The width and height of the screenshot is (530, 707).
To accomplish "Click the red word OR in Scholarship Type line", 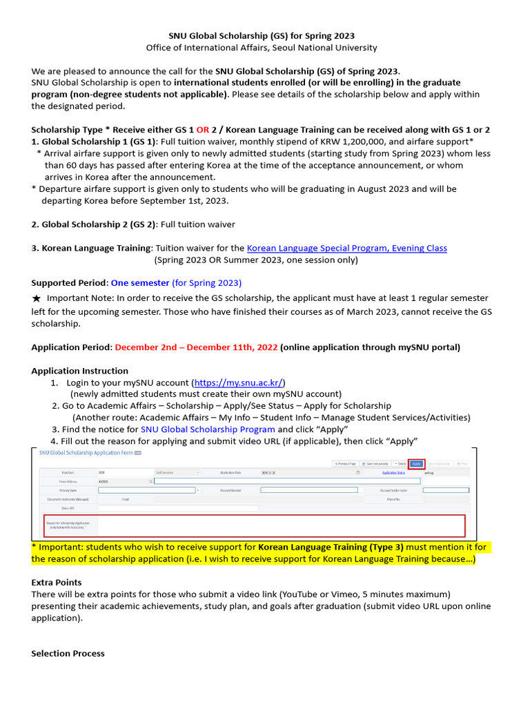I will [203, 130].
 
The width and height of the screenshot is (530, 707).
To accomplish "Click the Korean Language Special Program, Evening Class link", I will [346, 248].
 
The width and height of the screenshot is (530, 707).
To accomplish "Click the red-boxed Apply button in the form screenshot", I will [416, 463].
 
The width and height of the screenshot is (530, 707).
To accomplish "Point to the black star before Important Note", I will [37, 298].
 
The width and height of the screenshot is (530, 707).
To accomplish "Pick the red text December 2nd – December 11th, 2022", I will [196, 347].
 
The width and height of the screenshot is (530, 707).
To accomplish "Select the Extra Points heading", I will [57, 583].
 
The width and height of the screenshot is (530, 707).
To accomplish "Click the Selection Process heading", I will [68, 653].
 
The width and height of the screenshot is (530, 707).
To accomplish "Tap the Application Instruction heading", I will [79, 371].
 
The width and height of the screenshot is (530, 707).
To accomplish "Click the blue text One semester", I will [140, 283].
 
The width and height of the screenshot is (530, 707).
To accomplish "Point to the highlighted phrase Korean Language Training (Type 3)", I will [326, 547].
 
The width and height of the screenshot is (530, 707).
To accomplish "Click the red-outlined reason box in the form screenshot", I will [254, 525].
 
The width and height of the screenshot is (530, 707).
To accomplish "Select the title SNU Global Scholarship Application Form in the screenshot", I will [85, 452].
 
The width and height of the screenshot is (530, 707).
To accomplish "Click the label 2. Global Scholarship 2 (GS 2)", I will [94, 224].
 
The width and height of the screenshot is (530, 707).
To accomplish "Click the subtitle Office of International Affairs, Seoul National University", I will [262, 48].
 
